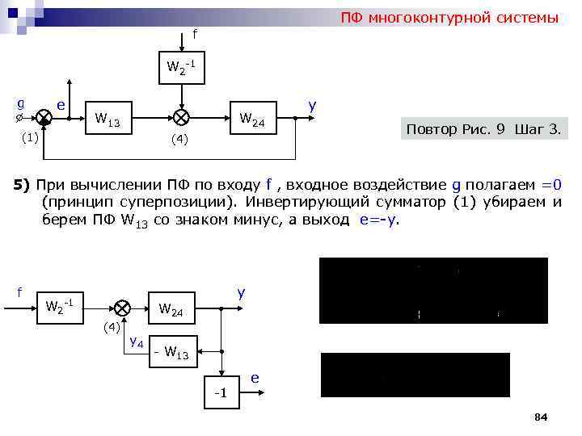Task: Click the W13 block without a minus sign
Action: coord(108,122)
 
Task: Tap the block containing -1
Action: coord(220,392)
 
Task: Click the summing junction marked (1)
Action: coord(44,117)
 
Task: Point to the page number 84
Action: coord(541,417)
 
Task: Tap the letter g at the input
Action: coord(20,103)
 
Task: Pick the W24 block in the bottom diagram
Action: coord(171,308)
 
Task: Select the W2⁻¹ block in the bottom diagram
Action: coord(61,307)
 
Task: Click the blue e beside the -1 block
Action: coord(255,378)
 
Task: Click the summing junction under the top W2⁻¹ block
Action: coord(183,118)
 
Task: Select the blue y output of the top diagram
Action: coord(312,106)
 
